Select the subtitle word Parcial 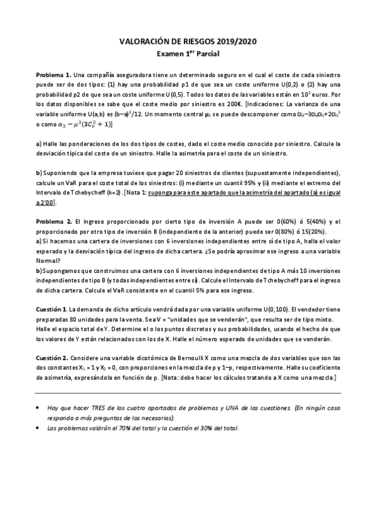205,54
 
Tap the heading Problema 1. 54,75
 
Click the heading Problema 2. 55,222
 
